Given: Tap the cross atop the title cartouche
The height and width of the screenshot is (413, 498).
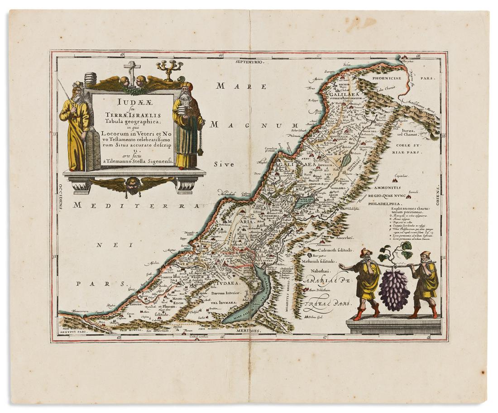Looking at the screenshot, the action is coord(132,69).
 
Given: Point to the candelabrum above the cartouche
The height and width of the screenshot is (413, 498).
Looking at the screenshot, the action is coord(169,69).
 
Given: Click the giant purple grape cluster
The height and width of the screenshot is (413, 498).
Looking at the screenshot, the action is coord(394,289).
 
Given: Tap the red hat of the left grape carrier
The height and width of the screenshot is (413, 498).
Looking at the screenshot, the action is coord(366,253).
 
